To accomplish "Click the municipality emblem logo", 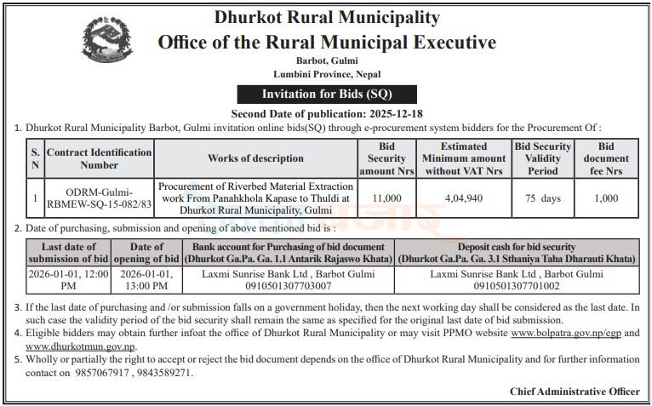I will point(107,43).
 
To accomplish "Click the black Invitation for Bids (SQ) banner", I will point(314,94).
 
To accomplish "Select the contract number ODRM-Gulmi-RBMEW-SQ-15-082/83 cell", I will point(99,198).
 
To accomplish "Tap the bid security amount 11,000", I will point(386,198).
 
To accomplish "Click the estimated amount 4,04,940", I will point(464,198).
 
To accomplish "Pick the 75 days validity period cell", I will point(542,198).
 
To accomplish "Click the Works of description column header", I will point(255,158).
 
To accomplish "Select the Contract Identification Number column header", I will point(99,158).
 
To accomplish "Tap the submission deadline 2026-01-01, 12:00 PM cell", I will point(69,281).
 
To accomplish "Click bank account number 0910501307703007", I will point(287,287).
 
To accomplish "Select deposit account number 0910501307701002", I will point(517,287).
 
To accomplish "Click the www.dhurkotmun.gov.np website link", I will point(80,346).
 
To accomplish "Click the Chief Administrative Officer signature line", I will point(575,392).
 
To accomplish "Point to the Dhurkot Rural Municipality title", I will point(315,17).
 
